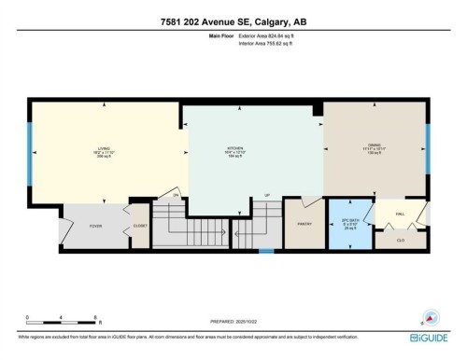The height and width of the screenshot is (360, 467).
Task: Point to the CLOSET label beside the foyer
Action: (140, 225)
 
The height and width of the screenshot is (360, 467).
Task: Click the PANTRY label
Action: (303, 224)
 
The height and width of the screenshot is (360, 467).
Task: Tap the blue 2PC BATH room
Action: (349, 226)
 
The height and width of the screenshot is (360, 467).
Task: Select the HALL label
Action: (400, 214)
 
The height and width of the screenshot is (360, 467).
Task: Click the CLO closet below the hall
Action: (400, 239)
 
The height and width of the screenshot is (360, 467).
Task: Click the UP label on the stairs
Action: (268, 194)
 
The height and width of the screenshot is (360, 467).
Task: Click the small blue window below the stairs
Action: (267, 251)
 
